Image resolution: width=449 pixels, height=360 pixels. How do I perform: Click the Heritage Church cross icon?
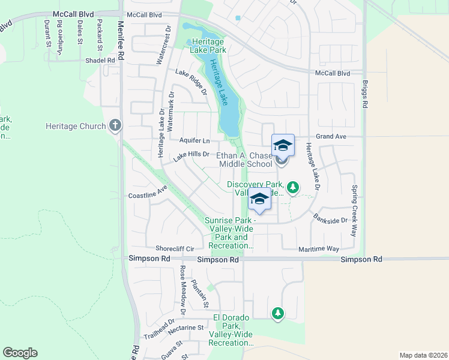click(115, 126)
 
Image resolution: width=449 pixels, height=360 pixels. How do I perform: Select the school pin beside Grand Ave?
click(283, 145)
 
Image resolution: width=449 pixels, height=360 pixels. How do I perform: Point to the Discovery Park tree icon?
click(293, 188)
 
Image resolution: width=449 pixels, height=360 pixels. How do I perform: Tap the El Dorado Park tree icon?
click(277, 313)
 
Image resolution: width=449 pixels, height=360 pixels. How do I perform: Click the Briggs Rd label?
click(364, 94)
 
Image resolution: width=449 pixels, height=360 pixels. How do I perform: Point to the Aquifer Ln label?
click(194, 141)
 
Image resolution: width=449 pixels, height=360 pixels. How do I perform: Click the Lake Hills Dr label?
click(191, 155)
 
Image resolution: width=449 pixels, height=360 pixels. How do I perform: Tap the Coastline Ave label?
click(148, 194)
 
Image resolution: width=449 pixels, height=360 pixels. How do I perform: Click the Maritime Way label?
click(319, 248)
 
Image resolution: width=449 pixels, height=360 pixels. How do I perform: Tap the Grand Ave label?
click(331, 137)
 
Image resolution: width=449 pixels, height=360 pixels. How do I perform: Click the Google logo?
click(20, 353)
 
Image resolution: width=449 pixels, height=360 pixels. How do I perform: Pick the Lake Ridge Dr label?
click(191, 82)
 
